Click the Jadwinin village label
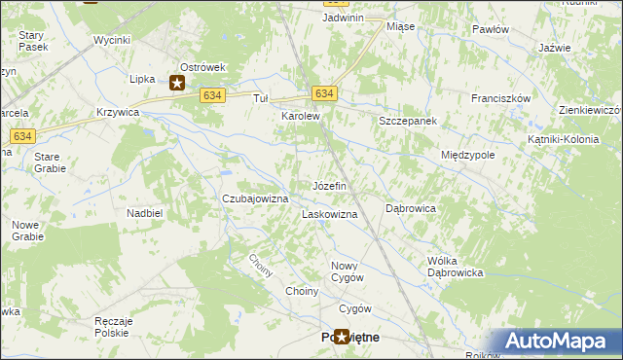point(344,18)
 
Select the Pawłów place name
point(491,29)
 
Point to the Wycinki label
point(112,41)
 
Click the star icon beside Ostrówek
point(177,84)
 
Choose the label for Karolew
point(301,116)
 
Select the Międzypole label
point(468,155)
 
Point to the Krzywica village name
point(119,113)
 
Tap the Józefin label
point(329,185)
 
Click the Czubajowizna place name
point(256,198)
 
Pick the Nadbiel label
point(143,212)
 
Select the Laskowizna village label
point(330,213)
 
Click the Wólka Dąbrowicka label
point(456,267)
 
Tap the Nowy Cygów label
point(348,271)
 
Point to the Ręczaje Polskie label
point(113,327)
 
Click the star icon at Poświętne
point(342,337)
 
